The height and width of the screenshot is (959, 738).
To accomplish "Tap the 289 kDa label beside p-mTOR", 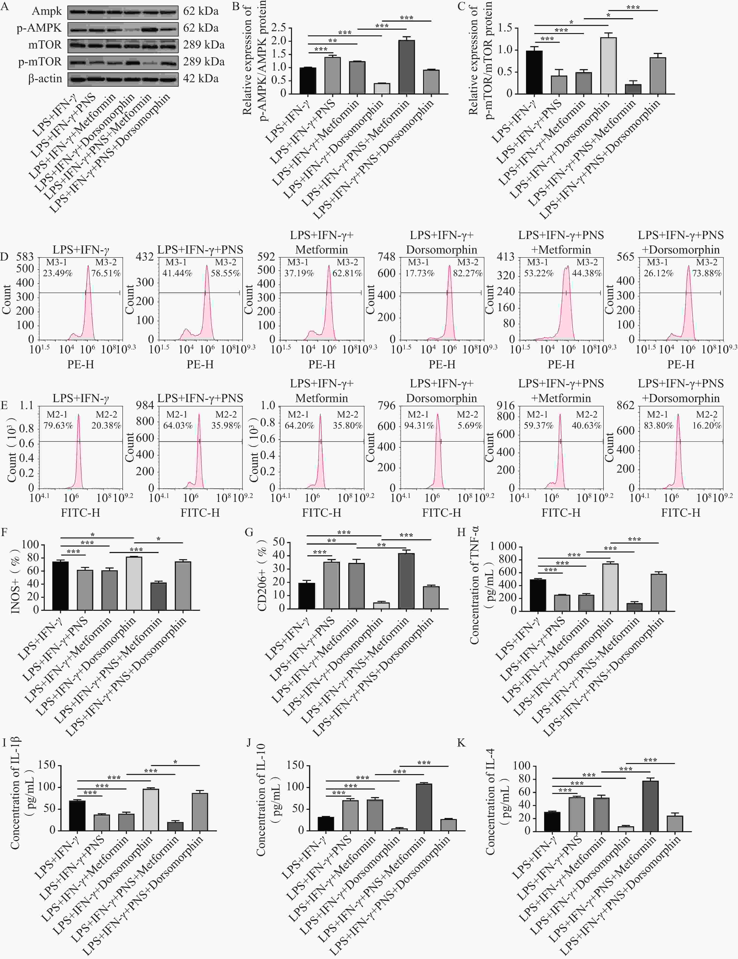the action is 204,61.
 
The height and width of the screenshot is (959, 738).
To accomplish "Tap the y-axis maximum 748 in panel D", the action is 386,256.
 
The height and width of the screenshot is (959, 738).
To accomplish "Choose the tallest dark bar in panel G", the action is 406,581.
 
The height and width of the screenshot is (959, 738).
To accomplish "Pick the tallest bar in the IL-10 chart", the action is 424,807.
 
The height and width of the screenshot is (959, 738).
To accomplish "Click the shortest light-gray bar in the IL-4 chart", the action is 626,828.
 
